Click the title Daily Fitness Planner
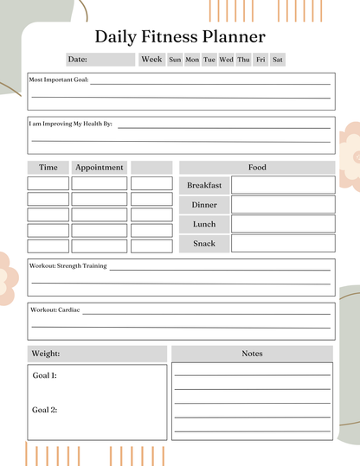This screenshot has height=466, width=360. [x=179, y=36]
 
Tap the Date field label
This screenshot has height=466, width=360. [x=78, y=60]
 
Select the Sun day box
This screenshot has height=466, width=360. [x=175, y=60]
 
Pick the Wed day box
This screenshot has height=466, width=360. [x=226, y=60]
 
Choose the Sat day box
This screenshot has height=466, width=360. [x=278, y=60]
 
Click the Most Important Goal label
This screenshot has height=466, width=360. [x=59, y=80]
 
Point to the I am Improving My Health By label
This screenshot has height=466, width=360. [x=71, y=124]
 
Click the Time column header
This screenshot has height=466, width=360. [x=48, y=167]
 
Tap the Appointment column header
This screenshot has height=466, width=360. [x=100, y=167]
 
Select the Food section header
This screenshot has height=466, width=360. [x=257, y=167]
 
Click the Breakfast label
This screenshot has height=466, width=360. [x=204, y=185]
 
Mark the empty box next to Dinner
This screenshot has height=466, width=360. [x=282, y=205]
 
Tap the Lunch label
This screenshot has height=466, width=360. [x=204, y=225]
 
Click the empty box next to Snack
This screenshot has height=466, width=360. [x=282, y=244]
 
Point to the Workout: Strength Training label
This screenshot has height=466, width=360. [x=68, y=265]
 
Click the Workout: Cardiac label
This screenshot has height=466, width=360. [x=55, y=309]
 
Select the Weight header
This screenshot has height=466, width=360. [x=45, y=354]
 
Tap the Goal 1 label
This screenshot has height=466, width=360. [x=45, y=376]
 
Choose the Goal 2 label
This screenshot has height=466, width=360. [x=45, y=410]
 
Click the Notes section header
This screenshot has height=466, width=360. [x=252, y=354]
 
